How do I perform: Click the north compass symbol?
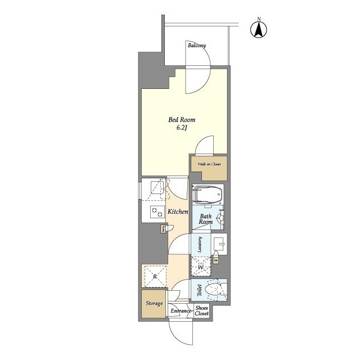pos(259,29)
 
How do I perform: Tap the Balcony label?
pos(197,46)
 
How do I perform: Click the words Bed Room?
pos(181,120)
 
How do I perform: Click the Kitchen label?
pos(177,211)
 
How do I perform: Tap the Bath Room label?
pos(205,218)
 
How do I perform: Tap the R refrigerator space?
pos(154,276)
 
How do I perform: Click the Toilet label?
pos(199,290)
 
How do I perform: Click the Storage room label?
pos(154,304)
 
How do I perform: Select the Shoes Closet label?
pos(201,311)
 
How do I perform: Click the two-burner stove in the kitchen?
pos(155,211)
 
